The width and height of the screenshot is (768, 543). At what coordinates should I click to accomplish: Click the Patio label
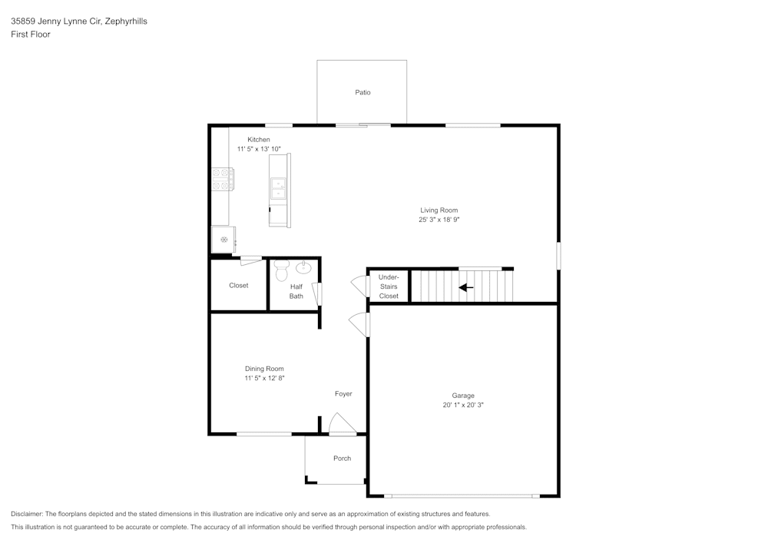click(362, 93)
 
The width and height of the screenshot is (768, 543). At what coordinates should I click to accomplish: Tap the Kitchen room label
click(258, 140)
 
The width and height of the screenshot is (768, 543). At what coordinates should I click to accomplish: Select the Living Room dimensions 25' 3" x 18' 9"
click(439, 220)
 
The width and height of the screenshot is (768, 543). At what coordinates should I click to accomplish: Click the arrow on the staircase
click(466, 288)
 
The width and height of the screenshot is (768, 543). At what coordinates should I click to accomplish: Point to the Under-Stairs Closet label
click(389, 286)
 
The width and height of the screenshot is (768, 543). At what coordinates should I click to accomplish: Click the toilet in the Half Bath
click(281, 270)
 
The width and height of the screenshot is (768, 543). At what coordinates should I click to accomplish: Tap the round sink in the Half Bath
click(304, 268)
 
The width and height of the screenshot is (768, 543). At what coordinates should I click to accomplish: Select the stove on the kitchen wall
click(222, 180)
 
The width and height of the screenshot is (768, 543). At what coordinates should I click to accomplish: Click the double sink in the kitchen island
click(277, 188)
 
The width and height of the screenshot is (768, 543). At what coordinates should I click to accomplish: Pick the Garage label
click(463, 396)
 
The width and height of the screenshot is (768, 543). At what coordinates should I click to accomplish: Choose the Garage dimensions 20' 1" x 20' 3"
click(463, 405)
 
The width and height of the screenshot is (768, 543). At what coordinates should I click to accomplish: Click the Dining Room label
click(264, 369)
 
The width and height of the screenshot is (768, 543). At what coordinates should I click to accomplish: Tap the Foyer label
click(343, 394)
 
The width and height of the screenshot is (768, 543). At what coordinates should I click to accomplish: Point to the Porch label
click(342, 459)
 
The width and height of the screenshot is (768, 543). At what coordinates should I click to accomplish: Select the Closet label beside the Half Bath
click(238, 286)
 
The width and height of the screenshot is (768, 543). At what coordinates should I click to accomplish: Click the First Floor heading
click(31, 35)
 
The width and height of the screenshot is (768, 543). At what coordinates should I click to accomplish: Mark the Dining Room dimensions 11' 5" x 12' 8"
click(264, 378)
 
